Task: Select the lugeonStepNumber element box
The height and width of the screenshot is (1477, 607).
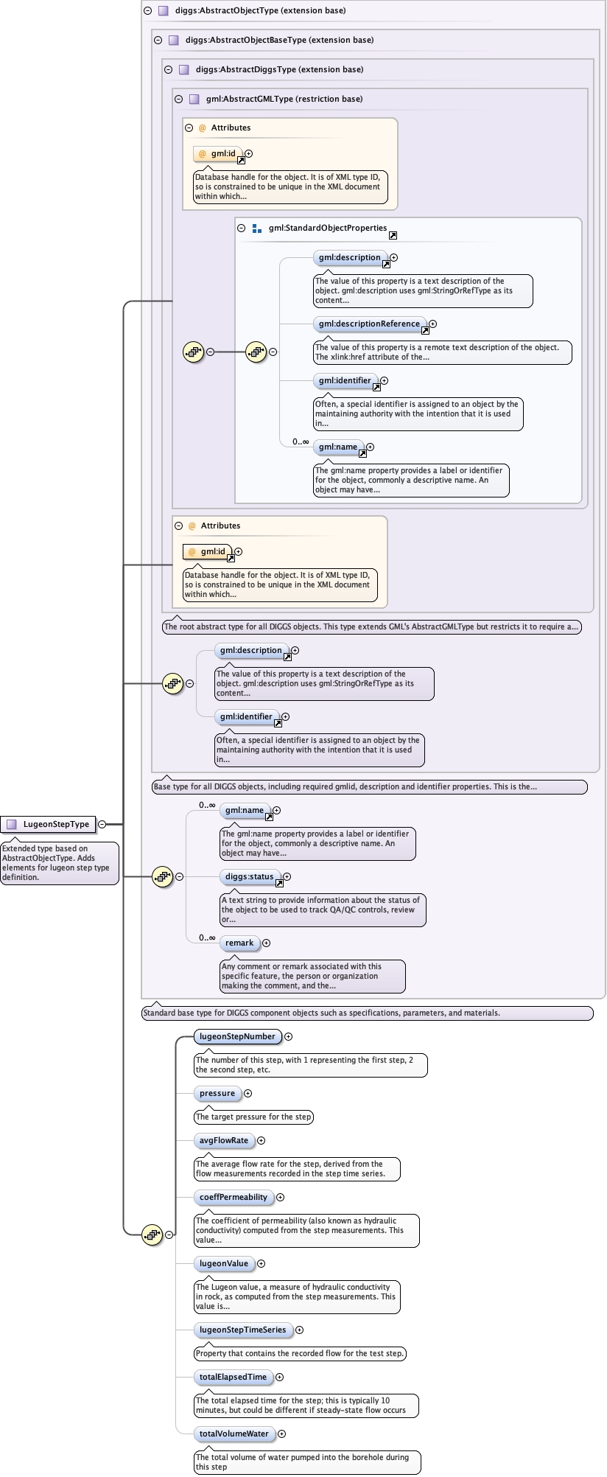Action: point(237,1036)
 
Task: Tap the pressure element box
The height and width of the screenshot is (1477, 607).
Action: point(217,1093)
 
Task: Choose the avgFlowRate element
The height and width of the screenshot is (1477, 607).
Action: point(224,1140)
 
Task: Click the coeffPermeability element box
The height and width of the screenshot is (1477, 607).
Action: point(234,1197)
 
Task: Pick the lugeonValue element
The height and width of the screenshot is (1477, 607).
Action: point(224,1263)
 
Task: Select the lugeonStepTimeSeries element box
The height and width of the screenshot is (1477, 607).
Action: point(242,1330)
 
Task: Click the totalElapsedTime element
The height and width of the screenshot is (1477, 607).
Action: point(233,1377)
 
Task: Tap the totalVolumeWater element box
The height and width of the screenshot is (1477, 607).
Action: point(234,1434)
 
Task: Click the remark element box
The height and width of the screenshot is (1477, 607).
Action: point(239,943)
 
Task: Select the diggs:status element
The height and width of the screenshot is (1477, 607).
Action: point(250,876)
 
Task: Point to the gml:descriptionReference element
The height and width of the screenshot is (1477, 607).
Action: point(369,324)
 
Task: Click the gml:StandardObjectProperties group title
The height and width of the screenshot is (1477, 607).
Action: point(328,228)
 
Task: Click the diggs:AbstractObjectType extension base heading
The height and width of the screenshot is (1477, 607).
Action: point(260,10)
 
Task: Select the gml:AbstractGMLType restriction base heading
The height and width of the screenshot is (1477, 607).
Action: point(284,99)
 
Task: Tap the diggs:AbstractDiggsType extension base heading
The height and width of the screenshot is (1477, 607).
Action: point(279,69)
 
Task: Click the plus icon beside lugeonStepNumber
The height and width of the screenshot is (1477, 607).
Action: point(289,1036)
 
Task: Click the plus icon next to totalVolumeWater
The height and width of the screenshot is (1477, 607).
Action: point(282,1434)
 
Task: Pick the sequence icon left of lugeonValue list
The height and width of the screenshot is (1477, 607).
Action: point(152,1235)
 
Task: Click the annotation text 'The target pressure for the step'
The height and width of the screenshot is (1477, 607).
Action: point(253,1117)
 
